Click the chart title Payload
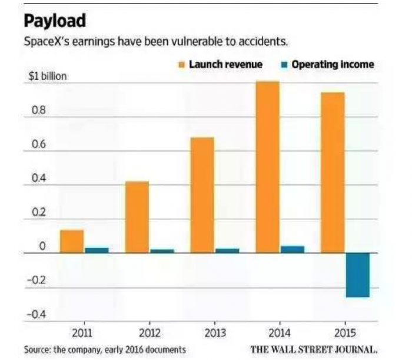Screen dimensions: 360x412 point(55,21)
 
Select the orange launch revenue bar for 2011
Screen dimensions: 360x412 point(72,242)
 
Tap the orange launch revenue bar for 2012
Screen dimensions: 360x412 point(137,217)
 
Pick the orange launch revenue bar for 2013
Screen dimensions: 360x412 point(202,195)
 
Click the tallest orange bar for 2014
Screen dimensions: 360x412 point(267,167)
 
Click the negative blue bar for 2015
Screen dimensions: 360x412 point(357,275)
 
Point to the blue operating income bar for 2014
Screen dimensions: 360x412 point(292,249)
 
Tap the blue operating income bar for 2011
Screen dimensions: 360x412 point(97,250)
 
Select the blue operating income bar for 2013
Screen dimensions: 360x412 point(227,250)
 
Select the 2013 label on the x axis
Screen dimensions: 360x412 point(214,332)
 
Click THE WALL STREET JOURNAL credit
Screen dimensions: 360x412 point(313,349)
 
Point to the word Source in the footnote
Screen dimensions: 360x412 point(37,349)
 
